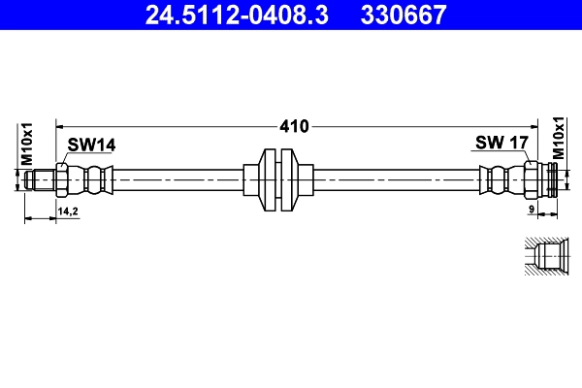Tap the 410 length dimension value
point(294,126)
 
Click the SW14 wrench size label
point(91,145)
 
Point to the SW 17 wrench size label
point(501,144)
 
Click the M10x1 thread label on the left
point(28,142)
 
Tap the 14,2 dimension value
point(68,210)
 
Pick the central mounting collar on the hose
point(279,180)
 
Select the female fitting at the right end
point(544,180)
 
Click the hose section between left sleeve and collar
point(175,180)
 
